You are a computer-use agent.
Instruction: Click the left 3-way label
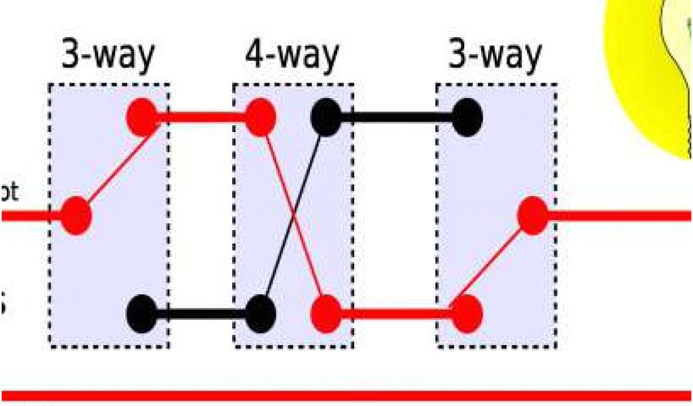[x=108, y=55]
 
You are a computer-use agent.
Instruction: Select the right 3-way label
[x=495, y=55]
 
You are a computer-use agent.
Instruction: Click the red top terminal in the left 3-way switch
[x=141, y=117]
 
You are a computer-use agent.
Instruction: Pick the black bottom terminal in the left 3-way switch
[x=141, y=313]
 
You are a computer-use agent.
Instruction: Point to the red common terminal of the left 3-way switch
[x=76, y=216]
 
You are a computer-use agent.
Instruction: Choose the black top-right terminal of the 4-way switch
[x=326, y=117]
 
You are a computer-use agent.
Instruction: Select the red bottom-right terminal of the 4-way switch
[x=326, y=313]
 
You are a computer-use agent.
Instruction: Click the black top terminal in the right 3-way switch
[x=467, y=117]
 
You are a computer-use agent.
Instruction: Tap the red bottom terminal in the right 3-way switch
[x=467, y=313]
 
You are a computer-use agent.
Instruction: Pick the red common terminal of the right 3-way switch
[x=533, y=216]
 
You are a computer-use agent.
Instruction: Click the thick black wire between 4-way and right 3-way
[x=396, y=117]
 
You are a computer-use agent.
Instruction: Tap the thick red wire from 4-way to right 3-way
[x=396, y=313]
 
